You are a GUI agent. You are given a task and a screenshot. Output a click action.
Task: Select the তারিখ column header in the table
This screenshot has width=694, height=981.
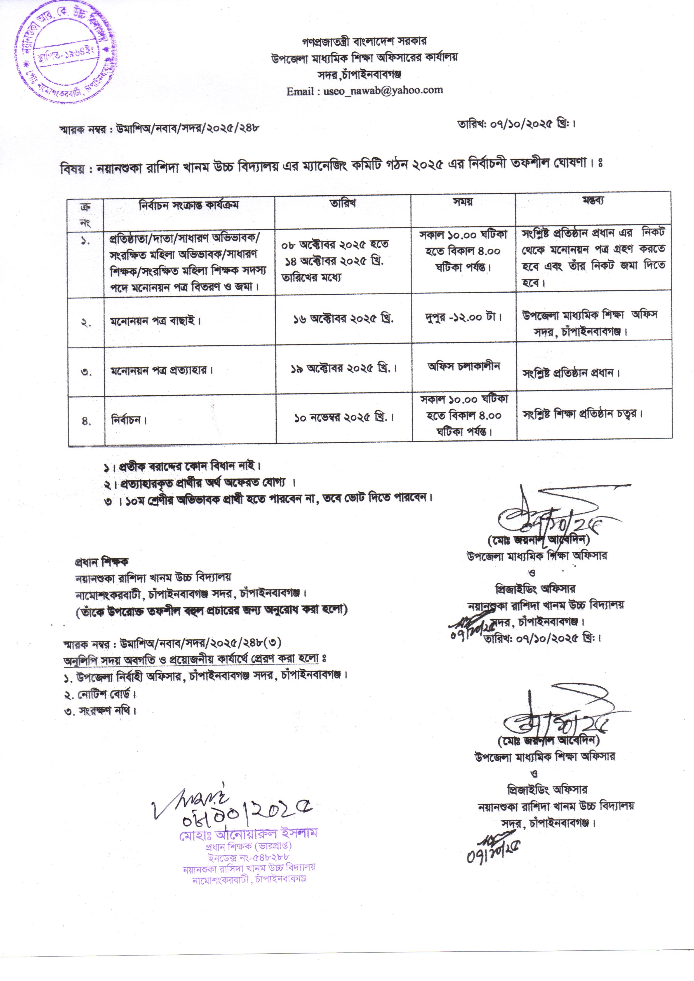pos(342,203)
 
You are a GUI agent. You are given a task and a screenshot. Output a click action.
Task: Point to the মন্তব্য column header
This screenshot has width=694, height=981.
pos(593,200)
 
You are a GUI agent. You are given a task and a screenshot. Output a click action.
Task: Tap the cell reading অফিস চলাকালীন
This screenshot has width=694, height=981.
pos(464,366)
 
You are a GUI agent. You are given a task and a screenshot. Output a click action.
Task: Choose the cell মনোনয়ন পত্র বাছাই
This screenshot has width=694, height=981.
pos(155,321)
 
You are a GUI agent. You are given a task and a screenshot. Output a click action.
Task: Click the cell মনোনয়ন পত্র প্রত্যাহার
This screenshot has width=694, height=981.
pos(161,370)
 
